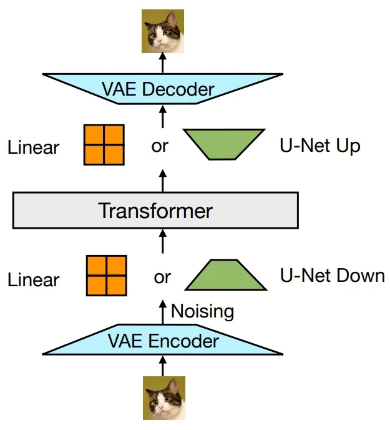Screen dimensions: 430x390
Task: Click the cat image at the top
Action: [163, 31]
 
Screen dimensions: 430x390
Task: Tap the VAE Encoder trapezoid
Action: [163, 341]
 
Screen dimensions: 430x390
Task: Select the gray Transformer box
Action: [155, 210]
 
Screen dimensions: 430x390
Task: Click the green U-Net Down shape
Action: [225, 275]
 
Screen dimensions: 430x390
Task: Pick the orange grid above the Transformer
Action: [104, 145]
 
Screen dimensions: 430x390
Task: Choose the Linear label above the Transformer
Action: [33, 148]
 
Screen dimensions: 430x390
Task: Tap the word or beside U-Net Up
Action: [160, 147]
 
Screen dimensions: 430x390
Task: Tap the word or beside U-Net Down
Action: [162, 277]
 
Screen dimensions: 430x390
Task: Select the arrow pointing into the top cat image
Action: [163, 62]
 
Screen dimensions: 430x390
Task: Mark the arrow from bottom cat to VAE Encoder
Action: [163, 365]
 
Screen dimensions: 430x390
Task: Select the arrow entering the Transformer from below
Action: [163, 241]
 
